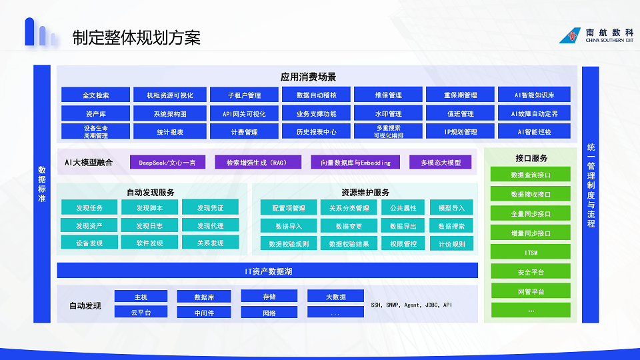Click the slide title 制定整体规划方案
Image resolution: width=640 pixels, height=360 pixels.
136,37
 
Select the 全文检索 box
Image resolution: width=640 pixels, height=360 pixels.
95,95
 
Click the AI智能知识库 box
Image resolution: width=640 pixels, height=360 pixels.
534,95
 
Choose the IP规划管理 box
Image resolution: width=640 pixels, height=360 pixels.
461,131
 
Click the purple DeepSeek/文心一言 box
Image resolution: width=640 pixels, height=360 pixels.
167,162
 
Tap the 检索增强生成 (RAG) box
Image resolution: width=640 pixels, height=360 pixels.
256,162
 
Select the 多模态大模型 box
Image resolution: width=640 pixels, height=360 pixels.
441,162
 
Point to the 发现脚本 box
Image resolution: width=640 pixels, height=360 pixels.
149,207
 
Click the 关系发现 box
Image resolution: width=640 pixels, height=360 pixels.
210,243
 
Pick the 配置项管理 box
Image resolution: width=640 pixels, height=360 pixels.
289,208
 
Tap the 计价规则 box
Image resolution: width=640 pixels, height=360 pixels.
451,244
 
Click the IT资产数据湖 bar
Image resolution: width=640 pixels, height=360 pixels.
267,271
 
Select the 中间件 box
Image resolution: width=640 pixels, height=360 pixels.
204,312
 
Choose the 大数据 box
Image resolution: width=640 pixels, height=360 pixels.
335,296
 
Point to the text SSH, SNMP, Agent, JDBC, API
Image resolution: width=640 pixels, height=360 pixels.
411,305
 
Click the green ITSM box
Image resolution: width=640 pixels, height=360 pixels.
531,252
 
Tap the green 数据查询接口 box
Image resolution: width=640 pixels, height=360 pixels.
531,175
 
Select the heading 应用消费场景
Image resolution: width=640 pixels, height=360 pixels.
308,77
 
